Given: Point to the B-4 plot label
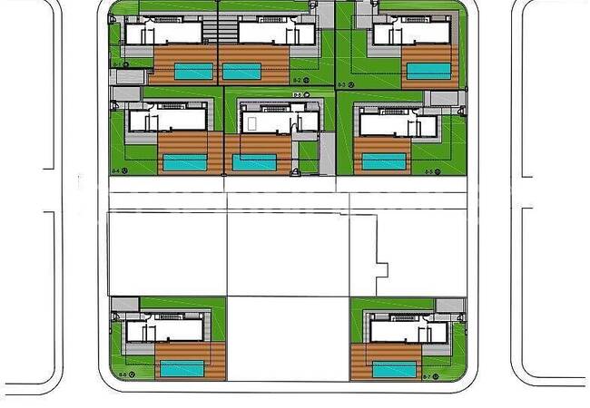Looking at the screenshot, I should tap(116, 170).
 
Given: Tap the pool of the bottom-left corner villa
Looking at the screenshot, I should tap(182, 368).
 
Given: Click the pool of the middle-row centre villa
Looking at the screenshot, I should tap(254, 162).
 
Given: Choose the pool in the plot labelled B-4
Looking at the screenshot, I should tap(186, 162).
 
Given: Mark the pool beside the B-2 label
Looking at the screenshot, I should tap(240, 71).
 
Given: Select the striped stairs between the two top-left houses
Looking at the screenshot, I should tap(210, 33).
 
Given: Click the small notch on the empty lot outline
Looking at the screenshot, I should tap(382, 269).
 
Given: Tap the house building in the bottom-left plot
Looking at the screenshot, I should tap(162, 327).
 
